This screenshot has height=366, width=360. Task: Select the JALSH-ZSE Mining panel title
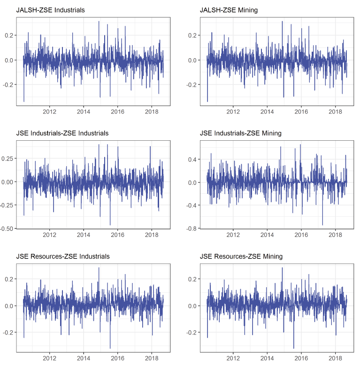229,10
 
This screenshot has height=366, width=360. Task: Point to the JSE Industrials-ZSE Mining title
240,133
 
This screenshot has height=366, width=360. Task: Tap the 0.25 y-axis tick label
8,159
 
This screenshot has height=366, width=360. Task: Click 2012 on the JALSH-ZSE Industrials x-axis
50,112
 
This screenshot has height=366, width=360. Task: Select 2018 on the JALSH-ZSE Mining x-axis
335,112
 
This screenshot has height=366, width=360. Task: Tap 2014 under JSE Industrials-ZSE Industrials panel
84,235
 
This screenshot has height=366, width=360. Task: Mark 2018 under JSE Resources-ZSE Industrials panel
152,358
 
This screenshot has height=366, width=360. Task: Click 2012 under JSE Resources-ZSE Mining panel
233,358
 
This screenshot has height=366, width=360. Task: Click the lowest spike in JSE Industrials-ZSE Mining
322,225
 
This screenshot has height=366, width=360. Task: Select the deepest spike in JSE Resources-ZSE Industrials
110,348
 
